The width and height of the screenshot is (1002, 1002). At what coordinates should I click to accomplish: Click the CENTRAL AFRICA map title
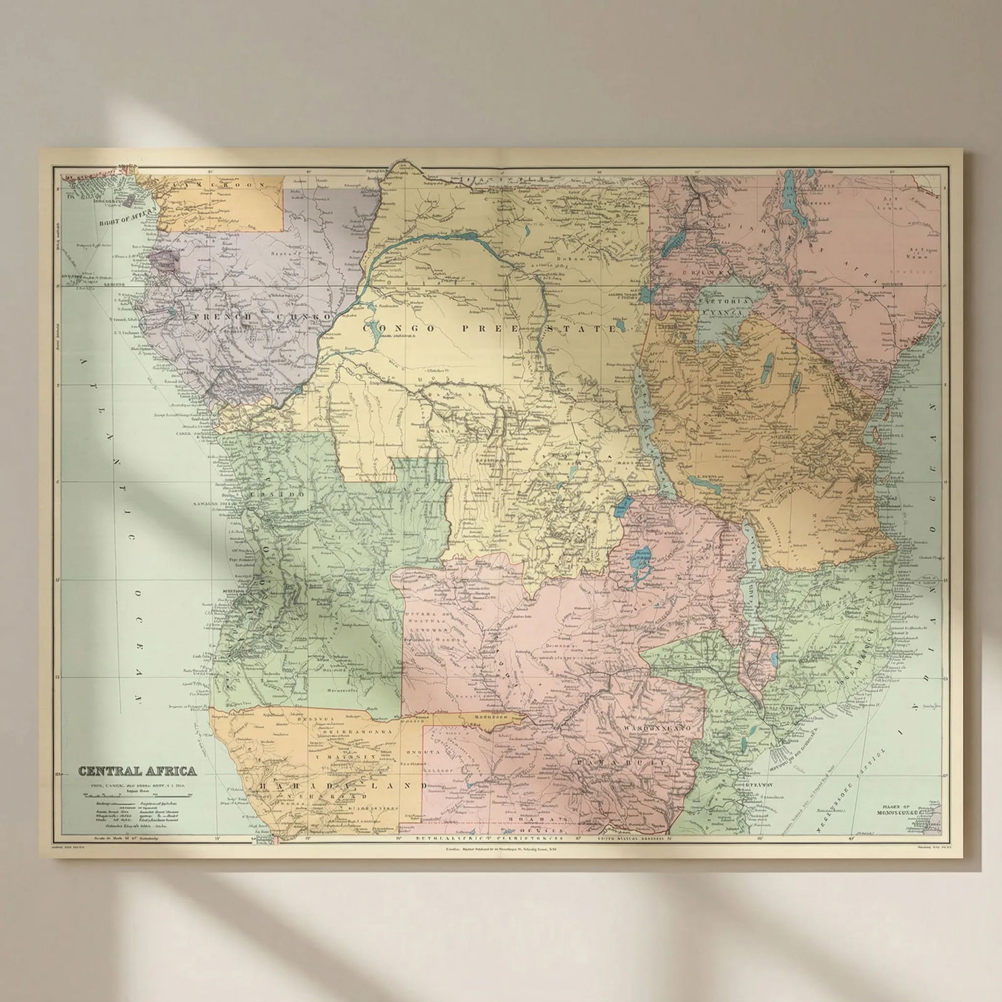[x=137, y=770]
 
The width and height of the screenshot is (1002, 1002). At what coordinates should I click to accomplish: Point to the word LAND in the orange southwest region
[x=395, y=785]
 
